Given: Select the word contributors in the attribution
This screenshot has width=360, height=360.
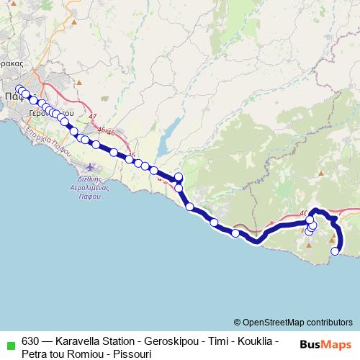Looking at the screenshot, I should (330, 322).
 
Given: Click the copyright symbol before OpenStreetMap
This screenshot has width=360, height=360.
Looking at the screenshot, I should (238, 322).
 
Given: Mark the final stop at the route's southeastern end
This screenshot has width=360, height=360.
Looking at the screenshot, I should (336, 251).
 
